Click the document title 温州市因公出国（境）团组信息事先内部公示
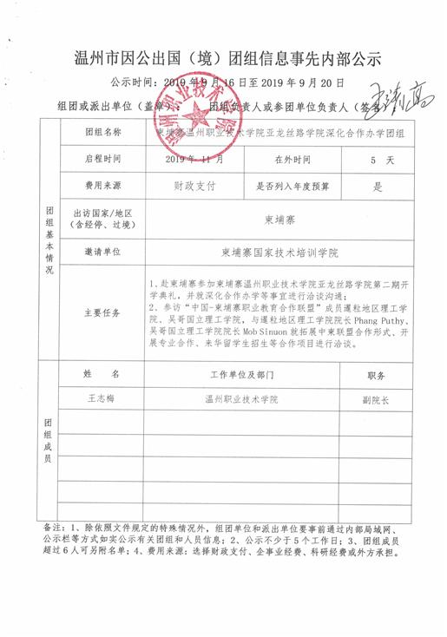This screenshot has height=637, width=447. (x=223, y=59)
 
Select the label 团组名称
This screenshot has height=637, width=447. (x=103, y=134)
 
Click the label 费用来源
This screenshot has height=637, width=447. (x=103, y=185)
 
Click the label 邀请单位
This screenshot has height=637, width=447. (x=103, y=253)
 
